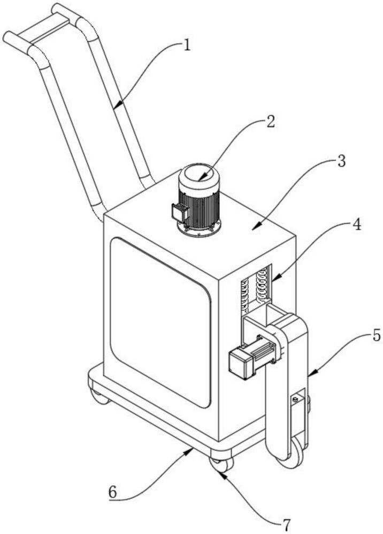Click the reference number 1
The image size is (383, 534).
(186, 45)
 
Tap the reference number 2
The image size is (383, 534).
(270, 122)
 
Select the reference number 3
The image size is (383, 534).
(341, 161)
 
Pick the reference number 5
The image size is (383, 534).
(376, 335)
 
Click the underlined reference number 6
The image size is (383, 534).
(112, 491)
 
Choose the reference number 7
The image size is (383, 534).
(287, 525)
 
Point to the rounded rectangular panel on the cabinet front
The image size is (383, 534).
(160, 322)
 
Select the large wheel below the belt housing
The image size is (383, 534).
(293, 453)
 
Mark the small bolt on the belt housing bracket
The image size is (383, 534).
(295, 399)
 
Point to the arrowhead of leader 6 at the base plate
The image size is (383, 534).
(190, 451)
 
